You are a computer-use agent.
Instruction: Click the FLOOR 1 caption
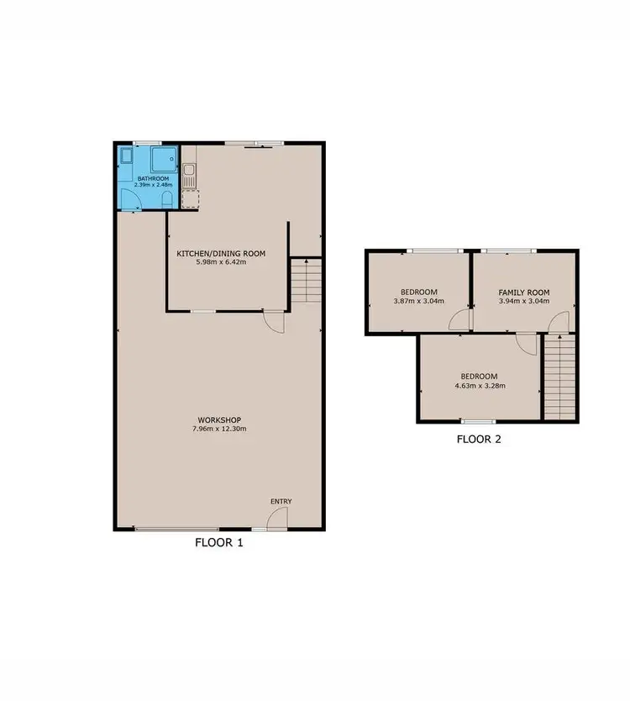pyautogui.click(x=218, y=543)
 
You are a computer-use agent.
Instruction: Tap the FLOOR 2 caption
pyautogui.click(x=480, y=439)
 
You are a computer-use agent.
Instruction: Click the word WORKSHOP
pyautogui.click(x=220, y=419)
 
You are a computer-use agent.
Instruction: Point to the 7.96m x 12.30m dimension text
pyautogui.click(x=220, y=429)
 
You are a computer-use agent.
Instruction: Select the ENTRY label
pyautogui.click(x=281, y=502)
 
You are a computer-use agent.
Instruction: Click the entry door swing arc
pyautogui.click(x=276, y=521)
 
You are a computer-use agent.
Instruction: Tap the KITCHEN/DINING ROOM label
pyautogui.click(x=221, y=253)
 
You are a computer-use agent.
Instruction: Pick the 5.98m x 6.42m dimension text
pyautogui.click(x=221, y=262)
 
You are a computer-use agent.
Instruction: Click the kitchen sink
pyautogui.click(x=191, y=177)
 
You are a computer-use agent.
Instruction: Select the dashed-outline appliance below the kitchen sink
pyautogui.click(x=191, y=198)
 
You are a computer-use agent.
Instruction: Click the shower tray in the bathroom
pyautogui.click(x=163, y=158)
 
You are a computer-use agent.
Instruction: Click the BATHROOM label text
pyautogui.click(x=154, y=178)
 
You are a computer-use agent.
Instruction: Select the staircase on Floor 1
pyautogui.click(x=307, y=281)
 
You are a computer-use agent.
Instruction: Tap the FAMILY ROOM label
pyautogui.click(x=523, y=292)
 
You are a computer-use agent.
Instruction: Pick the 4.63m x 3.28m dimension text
pyautogui.click(x=480, y=386)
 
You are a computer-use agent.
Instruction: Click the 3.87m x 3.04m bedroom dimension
pyautogui.click(x=418, y=301)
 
